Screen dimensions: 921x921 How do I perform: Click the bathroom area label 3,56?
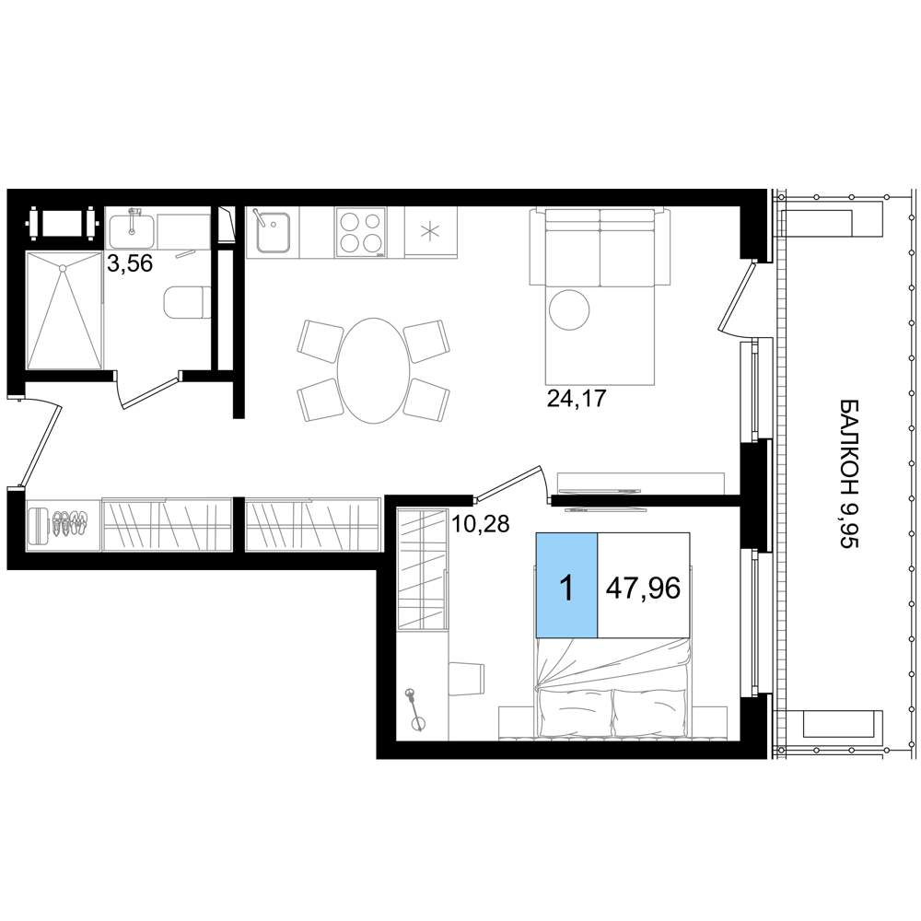pyautogui.click(x=130, y=263)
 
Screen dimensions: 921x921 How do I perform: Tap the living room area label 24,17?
pyautogui.click(x=577, y=398)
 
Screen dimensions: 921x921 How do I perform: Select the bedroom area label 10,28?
pyautogui.click(x=480, y=523)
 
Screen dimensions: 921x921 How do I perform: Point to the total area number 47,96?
pyautogui.click(x=643, y=588)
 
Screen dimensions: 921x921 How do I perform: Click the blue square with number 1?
pyautogui.click(x=566, y=585)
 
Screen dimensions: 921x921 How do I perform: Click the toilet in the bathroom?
pyautogui.click(x=187, y=302)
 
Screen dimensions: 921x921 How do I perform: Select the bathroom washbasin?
pyautogui.click(x=132, y=231)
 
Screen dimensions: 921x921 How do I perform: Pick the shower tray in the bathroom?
pyautogui.click(x=64, y=310)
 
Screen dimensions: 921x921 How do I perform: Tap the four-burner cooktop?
pyautogui.click(x=361, y=232)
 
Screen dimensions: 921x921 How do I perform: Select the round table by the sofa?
pyautogui.click(x=568, y=309)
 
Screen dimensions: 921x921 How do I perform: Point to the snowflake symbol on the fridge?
pyautogui.click(x=431, y=232)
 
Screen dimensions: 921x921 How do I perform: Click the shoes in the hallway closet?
pyautogui.click(x=70, y=523)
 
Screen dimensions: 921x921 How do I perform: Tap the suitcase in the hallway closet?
pyautogui.click(x=39, y=525)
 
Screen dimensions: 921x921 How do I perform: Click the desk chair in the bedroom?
pyautogui.click(x=466, y=679)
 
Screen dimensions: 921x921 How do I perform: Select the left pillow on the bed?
pyautogui.click(x=573, y=712)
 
